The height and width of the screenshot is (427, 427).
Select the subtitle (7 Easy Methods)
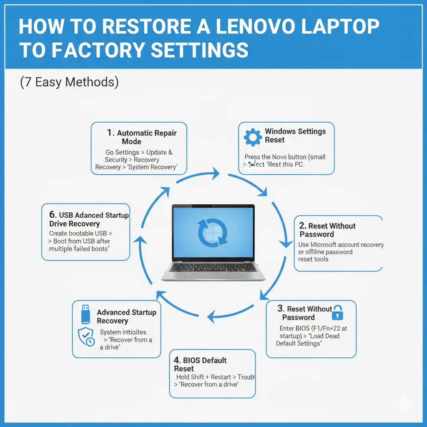click(69, 82)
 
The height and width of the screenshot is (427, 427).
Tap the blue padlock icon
click(337, 312)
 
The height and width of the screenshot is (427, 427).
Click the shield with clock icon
click(86, 336)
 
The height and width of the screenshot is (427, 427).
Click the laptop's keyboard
click(213, 267)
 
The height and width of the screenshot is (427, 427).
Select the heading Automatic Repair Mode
click(142, 137)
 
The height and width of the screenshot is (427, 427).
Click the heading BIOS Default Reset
click(201, 364)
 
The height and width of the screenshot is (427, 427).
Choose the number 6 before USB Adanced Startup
click(53, 215)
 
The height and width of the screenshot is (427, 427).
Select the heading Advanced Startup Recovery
click(126, 316)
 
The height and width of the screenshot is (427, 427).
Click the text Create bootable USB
click(78, 234)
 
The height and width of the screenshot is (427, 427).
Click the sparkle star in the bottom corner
click(403, 403)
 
